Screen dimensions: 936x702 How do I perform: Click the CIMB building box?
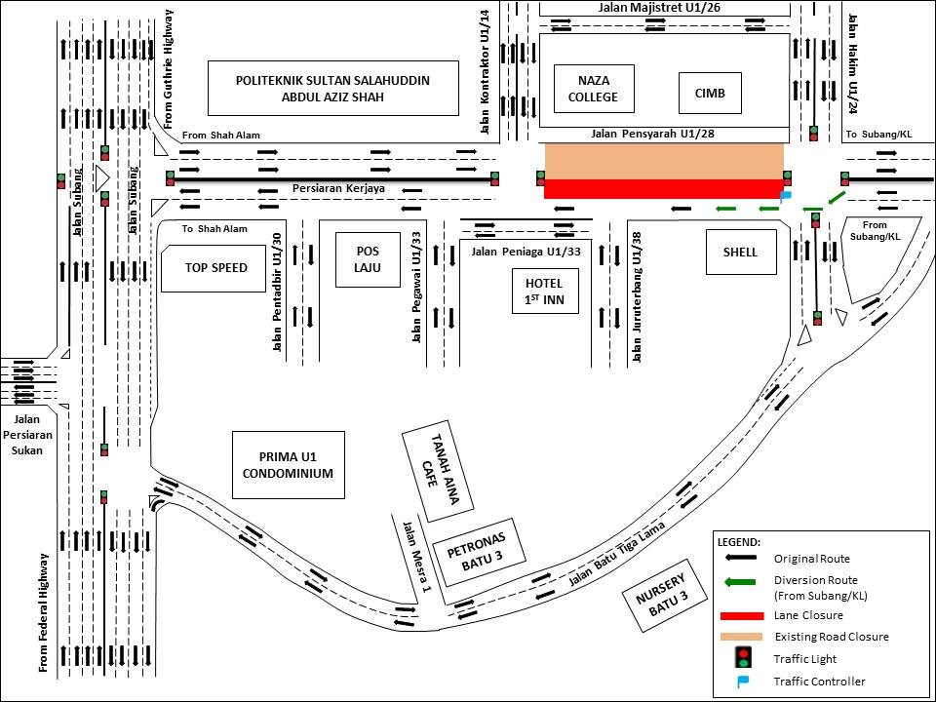[710, 94]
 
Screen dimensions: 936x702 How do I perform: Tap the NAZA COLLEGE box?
[594, 89]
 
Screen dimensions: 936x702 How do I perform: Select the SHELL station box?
[741, 252]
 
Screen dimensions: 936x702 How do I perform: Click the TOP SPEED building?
[214, 268]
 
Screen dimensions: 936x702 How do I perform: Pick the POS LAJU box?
[368, 259]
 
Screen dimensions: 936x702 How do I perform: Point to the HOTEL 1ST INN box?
[545, 291]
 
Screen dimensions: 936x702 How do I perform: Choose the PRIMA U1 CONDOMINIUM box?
[289, 465]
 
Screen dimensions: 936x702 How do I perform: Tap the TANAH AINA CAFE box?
[438, 470]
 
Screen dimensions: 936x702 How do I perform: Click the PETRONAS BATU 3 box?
[479, 552]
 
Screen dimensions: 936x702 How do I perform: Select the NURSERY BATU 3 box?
[665, 595]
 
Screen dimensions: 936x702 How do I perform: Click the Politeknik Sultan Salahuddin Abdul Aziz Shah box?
[333, 89]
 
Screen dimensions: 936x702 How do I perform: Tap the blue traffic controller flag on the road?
[786, 196]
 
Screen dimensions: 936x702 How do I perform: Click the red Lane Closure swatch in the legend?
[742, 615]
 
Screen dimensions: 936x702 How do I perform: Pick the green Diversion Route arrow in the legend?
[740, 582]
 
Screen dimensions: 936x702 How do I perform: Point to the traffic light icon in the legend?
[743, 658]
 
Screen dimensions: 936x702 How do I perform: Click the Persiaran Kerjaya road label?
[338, 188]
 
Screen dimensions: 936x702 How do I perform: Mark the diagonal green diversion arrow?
[836, 198]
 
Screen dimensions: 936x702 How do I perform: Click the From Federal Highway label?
[43, 612]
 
